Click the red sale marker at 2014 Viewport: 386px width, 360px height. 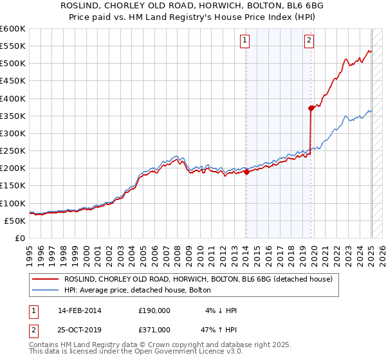click(x=246, y=172)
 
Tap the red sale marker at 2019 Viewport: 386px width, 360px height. click(x=311, y=108)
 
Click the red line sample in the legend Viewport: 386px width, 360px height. click(x=44, y=279)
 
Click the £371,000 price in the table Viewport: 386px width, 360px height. click(x=154, y=329)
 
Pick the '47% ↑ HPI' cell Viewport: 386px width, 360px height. click(x=219, y=329)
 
